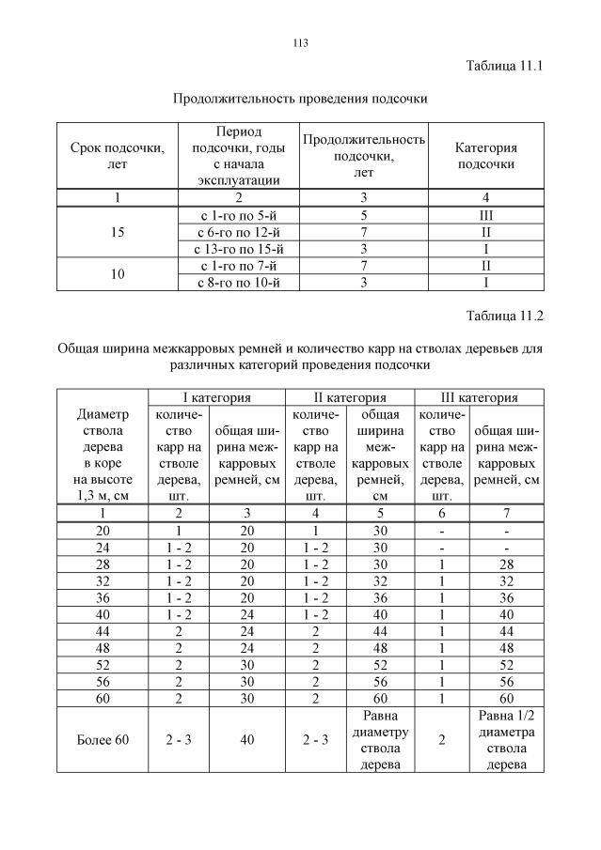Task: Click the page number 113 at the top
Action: [301, 43]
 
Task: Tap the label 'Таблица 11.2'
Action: [505, 315]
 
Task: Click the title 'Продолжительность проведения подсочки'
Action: [301, 98]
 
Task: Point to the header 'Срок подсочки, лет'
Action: [118, 156]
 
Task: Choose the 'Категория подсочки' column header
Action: [485, 156]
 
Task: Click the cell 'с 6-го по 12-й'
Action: [238, 232]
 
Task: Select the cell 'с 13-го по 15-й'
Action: [238, 249]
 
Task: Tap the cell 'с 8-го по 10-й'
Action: [238, 283]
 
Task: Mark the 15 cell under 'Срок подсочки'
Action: [118, 232]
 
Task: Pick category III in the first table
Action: [485, 215]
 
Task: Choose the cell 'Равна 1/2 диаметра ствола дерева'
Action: [507, 740]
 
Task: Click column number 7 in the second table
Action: [507, 514]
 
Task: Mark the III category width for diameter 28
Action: [507, 564]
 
